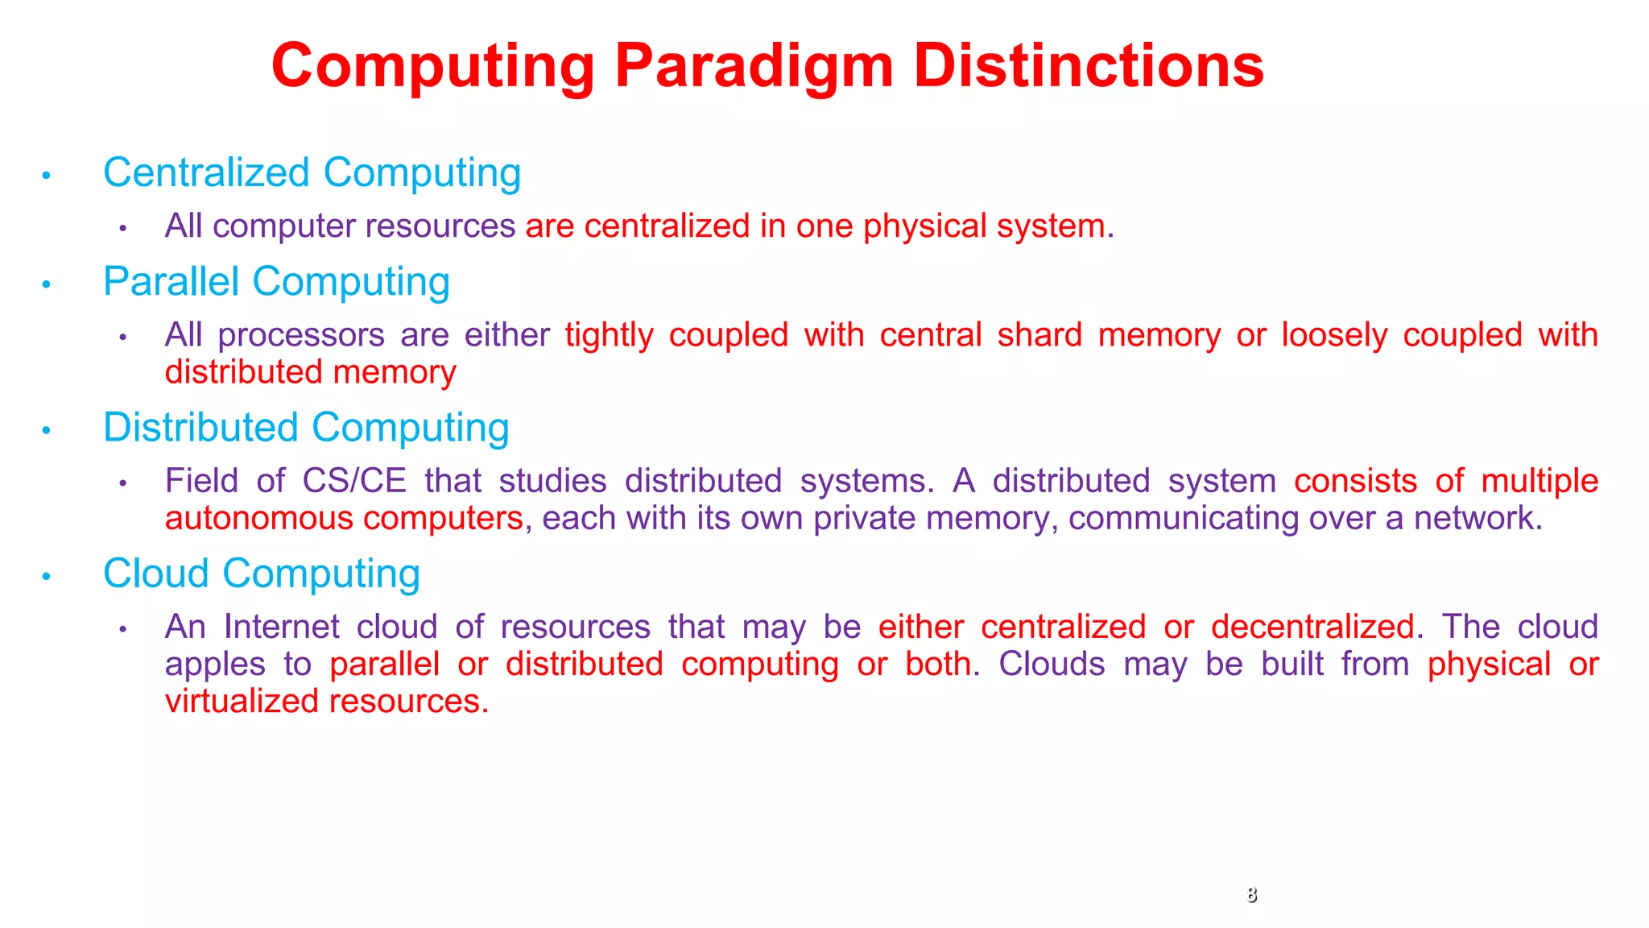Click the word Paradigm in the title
click(x=754, y=66)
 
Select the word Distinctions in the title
click(x=1089, y=66)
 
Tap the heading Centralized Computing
click(x=312, y=173)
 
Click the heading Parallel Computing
click(x=276, y=282)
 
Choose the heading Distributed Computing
click(x=306, y=428)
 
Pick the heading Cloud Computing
click(x=262, y=574)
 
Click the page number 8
click(x=1251, y=894)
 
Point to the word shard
click(x=1039, y=335)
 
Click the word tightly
click(x=609, y=335)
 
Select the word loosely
click(x=1334, y=335)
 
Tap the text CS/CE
click(x=354, y=481)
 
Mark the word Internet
click(x=282, y=627)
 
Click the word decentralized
click(x=1312, y=627)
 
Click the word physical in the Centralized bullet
click(x=924, y=226)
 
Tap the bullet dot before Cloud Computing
click(x=47, y=576)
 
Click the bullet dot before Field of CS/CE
click(x=123, y=483)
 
